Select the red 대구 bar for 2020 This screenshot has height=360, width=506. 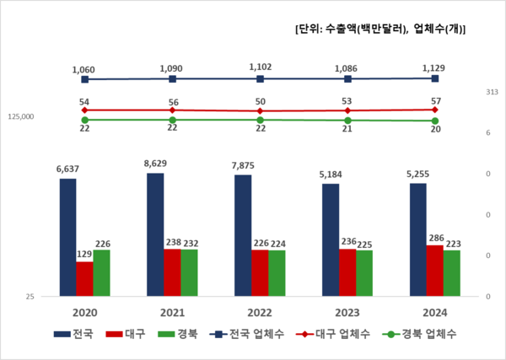[84, 279]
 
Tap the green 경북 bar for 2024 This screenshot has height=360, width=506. [452, 273]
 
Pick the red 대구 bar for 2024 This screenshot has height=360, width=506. [434, 271]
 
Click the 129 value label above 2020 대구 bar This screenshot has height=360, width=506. [84, 254]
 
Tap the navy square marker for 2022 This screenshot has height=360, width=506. [261, 78]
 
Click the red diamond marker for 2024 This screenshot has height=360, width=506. [434, 110]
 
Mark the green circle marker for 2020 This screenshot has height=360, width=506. [67, 120]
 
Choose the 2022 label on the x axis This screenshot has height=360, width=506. [260, 312]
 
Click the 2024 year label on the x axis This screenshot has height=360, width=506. [434, 312]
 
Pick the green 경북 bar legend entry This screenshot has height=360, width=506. [173, 335]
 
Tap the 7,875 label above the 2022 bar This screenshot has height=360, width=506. [243, 166]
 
